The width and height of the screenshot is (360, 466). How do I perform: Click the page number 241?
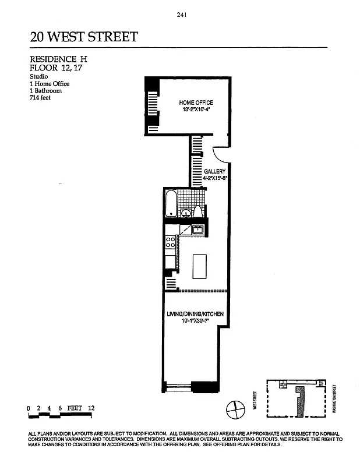pos(180,16)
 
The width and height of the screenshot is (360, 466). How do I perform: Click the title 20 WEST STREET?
pos(84,37)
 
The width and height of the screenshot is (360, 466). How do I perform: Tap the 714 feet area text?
pos(41,98)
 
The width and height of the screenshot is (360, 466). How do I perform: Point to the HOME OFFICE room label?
pos(196,103)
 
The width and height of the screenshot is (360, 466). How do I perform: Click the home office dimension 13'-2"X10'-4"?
pos(196,110)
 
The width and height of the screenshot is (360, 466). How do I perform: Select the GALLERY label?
pos(214,172)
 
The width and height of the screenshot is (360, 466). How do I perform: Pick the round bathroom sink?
pos(185,213)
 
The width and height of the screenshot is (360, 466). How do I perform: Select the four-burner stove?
pos(171,242)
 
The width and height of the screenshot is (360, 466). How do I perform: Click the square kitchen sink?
pos(197,230)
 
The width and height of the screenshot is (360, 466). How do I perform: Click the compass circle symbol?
pos(234,408)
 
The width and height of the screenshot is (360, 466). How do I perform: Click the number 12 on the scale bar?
pos(91,408)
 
